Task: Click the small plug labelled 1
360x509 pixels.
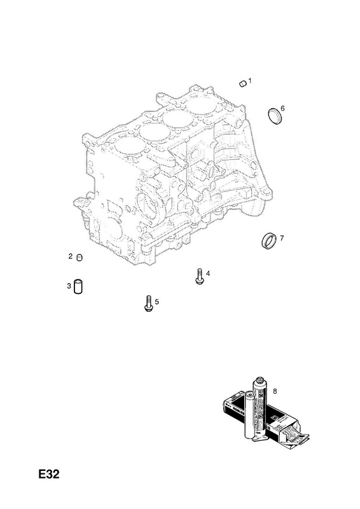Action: (243, 84)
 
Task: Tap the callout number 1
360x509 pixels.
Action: (250, 81)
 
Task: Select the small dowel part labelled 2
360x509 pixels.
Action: (80, 258)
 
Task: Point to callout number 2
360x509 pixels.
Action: (71, 256)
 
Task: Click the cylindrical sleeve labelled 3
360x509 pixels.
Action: (78, 286)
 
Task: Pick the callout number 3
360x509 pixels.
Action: (69, 286)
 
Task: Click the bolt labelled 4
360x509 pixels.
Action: (200, 276)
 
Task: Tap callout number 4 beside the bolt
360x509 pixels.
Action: (208, 274)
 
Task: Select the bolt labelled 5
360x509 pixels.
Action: (148, 303)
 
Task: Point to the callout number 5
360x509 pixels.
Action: (157, 302)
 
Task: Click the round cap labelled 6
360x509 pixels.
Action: (275, 116)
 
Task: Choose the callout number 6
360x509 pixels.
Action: (282, 108)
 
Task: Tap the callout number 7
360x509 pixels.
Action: (281, 238)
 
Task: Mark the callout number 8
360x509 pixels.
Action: (275, 391)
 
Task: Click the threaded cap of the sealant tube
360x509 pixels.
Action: (260, 380)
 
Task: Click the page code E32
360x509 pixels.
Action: (49, 474)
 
